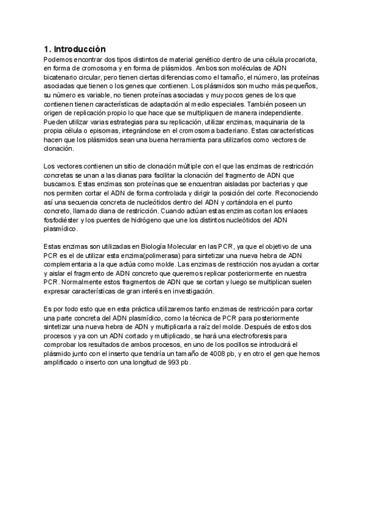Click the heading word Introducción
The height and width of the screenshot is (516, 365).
(x=79, y=49)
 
